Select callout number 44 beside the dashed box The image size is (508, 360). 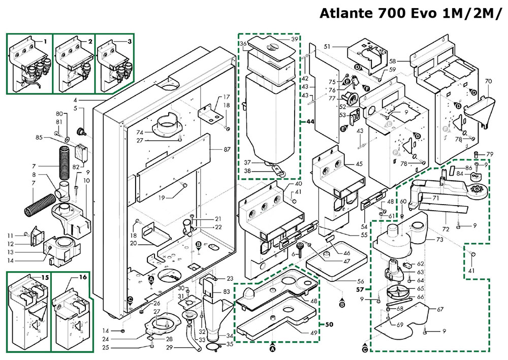tap(309, 122)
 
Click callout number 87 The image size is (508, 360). tap(227, 150)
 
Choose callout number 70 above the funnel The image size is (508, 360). tap(489, 81)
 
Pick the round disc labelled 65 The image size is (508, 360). tap(396, 292)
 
